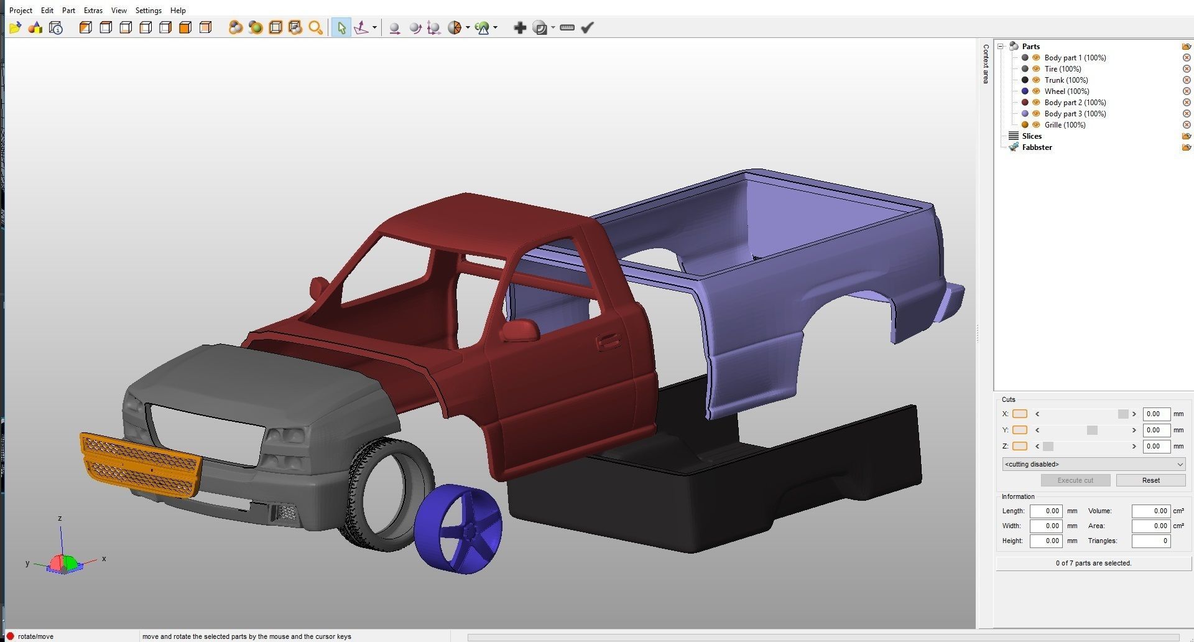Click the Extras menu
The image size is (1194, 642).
[x=93, y=11]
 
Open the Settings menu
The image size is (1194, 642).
[x=148, y=11]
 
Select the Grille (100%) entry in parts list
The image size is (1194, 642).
[x=1065, y=125]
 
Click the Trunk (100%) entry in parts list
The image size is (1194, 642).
[x=1066, y=80]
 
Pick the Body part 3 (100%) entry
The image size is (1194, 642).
[x=1075, y=114]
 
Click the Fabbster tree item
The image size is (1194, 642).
[x=1037, y=147]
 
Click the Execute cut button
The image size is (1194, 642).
[x=1075, y=480]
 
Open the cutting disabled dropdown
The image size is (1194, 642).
[x=1093, y=464]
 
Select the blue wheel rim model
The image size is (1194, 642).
[x=459, y=529]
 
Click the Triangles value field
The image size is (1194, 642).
[x=1150, y=541]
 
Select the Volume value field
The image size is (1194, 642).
[x=1150, y=511]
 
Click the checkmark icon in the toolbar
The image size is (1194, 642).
[x=587, y=27]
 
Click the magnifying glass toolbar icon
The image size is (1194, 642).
[x=315, y=27]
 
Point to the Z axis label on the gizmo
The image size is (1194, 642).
[x=60, y=518]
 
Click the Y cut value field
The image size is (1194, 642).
[x=1156, y=430]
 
